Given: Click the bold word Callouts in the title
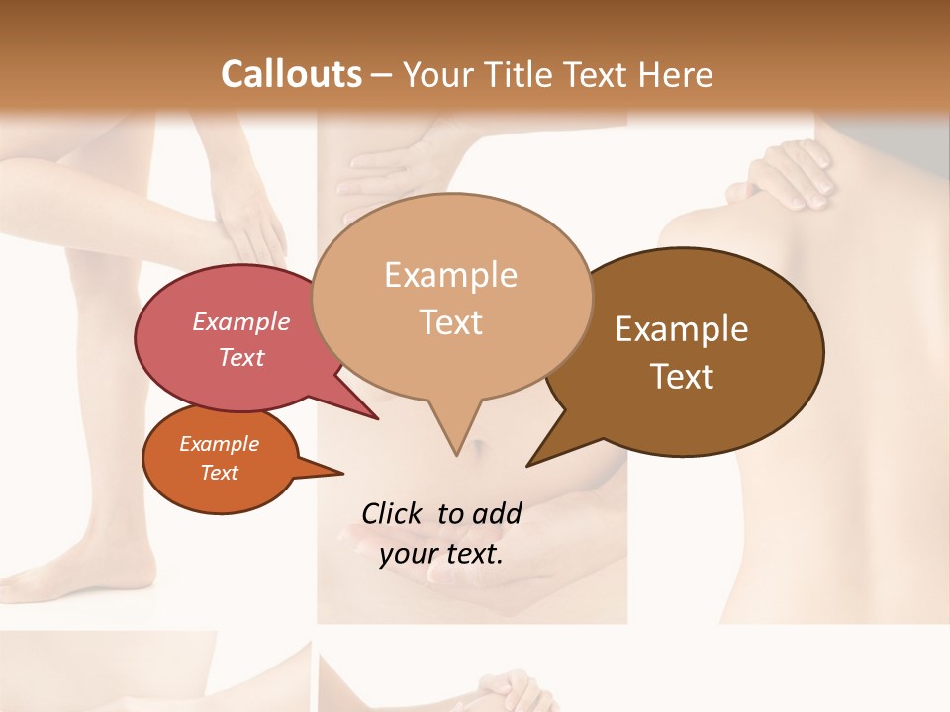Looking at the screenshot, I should [291, 74].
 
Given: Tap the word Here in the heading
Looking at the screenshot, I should [677, 74].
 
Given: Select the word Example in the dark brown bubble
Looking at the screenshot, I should [682, 329].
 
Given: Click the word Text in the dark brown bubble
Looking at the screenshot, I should [682, 377].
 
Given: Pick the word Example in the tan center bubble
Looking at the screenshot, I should [450, 275].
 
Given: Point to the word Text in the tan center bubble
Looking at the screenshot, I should [450, 322].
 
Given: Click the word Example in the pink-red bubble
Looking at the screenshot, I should [241, 321].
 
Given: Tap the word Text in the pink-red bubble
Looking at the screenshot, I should [241, 357].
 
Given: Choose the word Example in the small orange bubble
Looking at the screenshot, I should [219, 444].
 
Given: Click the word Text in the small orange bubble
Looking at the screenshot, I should [219, 473].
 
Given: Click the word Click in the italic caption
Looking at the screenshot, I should [393, 513].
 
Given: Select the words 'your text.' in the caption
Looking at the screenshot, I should [440, 554].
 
